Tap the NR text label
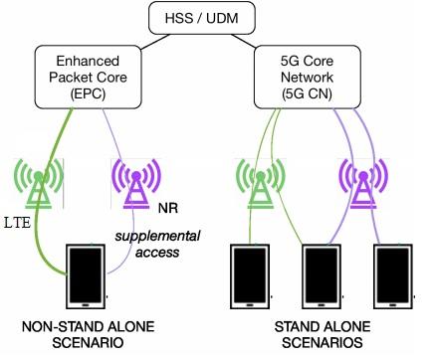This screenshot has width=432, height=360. [x=168, y=211]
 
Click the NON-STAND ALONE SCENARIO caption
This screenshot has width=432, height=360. [x=88, y=334]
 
